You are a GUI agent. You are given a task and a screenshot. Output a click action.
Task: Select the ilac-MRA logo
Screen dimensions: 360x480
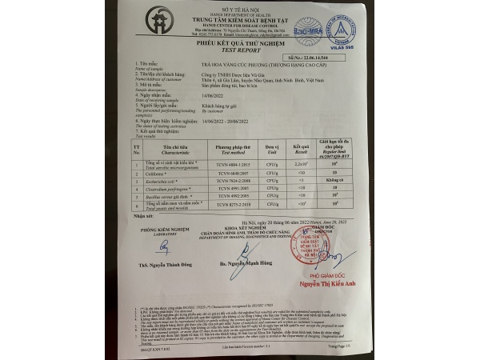point(308,31)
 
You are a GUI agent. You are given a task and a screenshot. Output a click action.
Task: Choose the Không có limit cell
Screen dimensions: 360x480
point(335,181)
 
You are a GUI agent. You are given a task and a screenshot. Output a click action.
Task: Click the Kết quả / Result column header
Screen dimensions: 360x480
point(301,149)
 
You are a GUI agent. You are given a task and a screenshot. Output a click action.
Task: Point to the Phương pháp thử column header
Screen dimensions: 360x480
point(234,149)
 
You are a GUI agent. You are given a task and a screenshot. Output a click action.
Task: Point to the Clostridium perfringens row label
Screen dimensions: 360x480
point(170,190)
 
